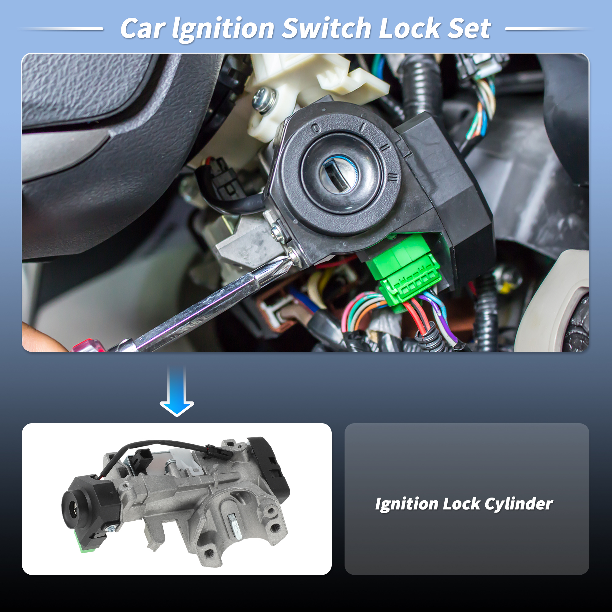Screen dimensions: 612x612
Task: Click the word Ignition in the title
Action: (223, 29)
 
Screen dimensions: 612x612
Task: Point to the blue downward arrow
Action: (177, 391)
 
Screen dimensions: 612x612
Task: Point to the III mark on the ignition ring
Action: (393, 177)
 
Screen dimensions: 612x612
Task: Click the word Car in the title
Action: (143, 29)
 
